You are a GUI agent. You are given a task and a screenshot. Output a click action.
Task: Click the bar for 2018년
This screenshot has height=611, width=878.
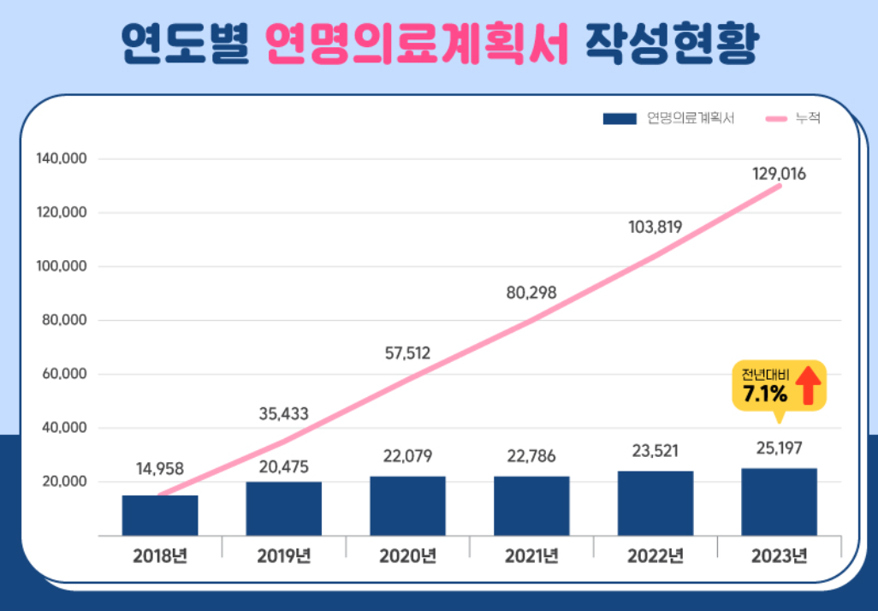[160, 515]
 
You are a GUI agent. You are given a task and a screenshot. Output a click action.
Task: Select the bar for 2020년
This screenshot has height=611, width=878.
[407, 506]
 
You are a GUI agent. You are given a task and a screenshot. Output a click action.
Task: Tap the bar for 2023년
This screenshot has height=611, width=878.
[779, 501]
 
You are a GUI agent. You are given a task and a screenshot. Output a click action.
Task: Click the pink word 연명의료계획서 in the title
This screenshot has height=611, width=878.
[418, 43]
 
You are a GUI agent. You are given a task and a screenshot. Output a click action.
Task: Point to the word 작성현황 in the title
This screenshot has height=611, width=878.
[670, 43]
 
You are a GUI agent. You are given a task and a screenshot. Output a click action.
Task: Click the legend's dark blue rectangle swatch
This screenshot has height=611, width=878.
[620, 119]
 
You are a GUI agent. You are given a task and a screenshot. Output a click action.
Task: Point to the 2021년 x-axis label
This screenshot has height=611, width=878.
[531, 555]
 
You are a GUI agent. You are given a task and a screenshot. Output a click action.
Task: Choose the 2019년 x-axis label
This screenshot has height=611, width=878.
[283, 555]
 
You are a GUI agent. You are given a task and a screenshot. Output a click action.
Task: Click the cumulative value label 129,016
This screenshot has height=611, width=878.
[779, 174]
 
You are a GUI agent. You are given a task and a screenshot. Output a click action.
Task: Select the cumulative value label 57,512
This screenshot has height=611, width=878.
[407, 353]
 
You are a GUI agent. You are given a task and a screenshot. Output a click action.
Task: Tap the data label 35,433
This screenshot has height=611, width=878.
[283, 415]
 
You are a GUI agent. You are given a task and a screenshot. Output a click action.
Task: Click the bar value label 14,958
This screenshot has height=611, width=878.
[160, 468]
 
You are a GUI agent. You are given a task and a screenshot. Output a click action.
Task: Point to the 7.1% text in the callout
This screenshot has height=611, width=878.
[764, 394]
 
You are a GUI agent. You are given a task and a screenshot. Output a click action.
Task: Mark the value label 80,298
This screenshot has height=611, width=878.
[531, 293]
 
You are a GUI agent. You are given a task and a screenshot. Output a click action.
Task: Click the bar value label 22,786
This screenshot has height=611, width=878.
[531, 456]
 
